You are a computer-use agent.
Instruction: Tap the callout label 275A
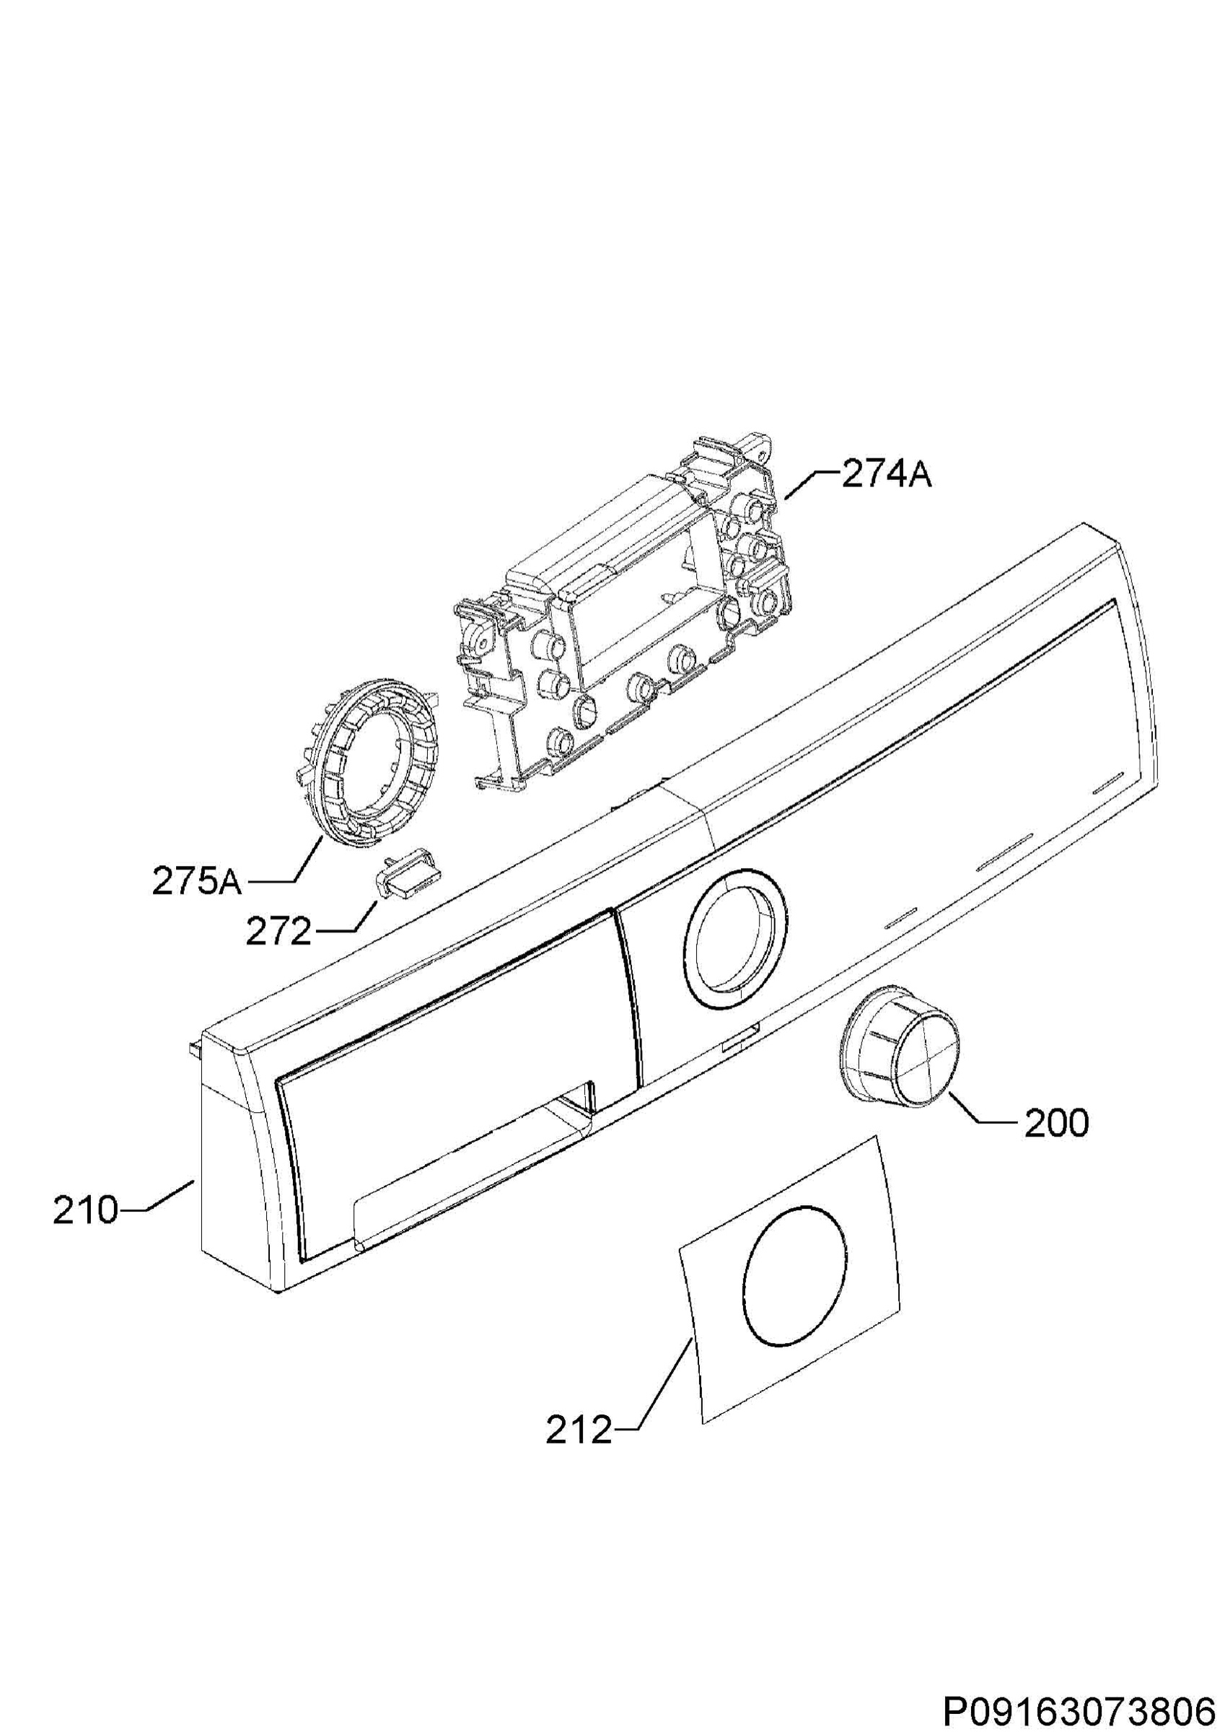197,882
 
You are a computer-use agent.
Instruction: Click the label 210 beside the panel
85,1212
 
